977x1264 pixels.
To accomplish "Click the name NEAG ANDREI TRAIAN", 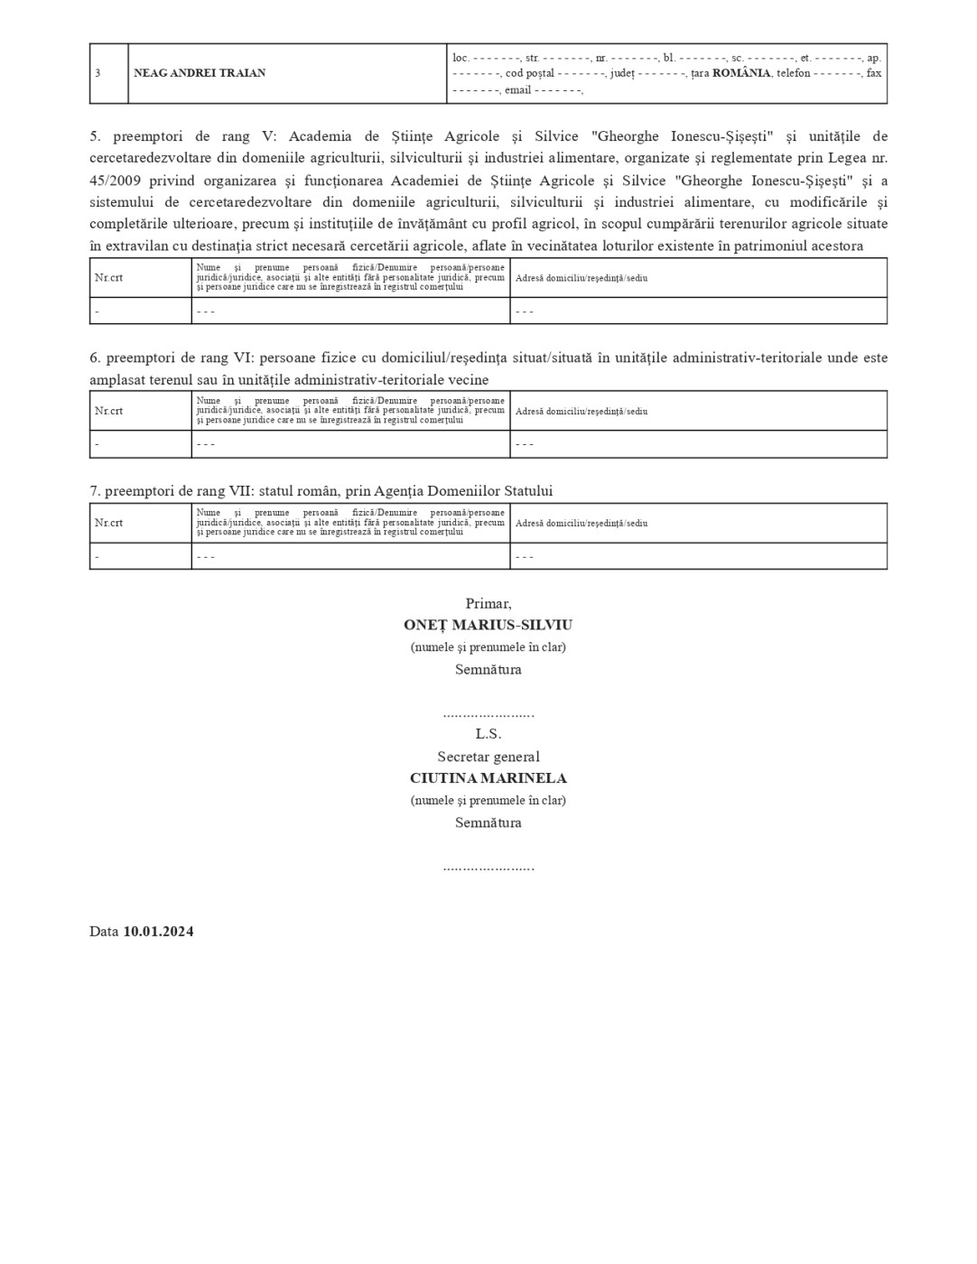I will pos(200,73).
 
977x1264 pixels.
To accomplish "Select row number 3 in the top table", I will pos(98,73).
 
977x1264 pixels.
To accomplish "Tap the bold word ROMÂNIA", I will pos(741,73).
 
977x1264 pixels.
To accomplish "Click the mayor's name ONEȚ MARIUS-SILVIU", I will pos(488,625).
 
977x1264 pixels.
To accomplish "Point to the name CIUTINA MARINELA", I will pos(488,778).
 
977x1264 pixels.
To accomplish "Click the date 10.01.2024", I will pos(158,932).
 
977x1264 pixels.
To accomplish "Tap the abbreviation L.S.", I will pos(488,734).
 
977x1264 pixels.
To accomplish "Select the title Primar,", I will pos(488,603).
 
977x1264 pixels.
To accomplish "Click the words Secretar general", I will pos(488,757).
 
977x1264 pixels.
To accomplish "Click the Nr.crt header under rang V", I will pos(108,278).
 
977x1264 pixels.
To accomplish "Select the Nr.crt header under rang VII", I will pos(108,523).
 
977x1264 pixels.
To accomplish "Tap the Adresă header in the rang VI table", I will pos(581,411).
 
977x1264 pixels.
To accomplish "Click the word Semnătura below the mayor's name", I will pos(488,670).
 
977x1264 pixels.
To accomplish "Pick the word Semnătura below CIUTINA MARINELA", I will pos(488,823).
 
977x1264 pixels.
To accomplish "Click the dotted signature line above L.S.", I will pos(488,714).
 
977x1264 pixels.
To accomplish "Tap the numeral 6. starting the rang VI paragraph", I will pos(95,358).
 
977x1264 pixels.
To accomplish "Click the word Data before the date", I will pos(104,932).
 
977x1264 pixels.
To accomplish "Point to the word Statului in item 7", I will pos(523,491).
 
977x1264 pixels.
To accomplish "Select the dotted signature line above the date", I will pos(488,867).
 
